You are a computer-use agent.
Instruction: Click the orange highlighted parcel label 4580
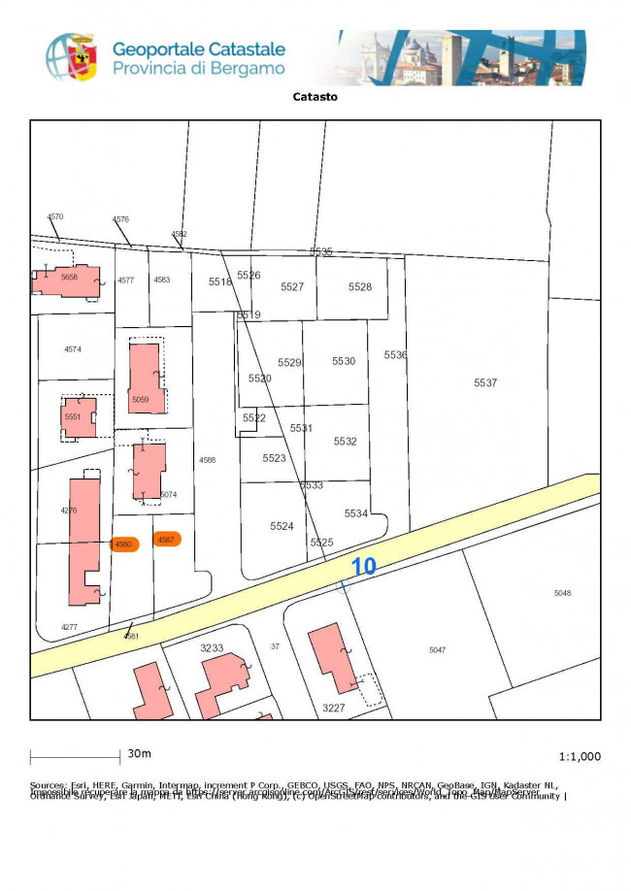point(124,544)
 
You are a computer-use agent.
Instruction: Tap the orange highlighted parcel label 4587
point(166,540)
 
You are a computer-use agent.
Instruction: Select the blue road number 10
point(363,567)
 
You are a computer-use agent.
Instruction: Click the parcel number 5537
point(485,383)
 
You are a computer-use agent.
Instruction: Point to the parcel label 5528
point(360,287)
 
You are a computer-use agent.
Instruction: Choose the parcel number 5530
point(344,361)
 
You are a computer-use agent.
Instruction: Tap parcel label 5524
point(282,526)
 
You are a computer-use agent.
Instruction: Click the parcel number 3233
point(212,647)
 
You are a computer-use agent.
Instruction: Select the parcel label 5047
point(437,649)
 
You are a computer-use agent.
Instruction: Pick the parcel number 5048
point(563,593)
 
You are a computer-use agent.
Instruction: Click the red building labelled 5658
point(68,279)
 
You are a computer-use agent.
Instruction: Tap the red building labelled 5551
point(76,417)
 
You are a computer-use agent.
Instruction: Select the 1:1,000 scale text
point(580,756)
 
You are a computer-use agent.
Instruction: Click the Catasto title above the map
point(315,96)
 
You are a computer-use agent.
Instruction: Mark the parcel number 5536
point(395,355)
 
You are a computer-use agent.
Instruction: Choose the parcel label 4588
point(207,459)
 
